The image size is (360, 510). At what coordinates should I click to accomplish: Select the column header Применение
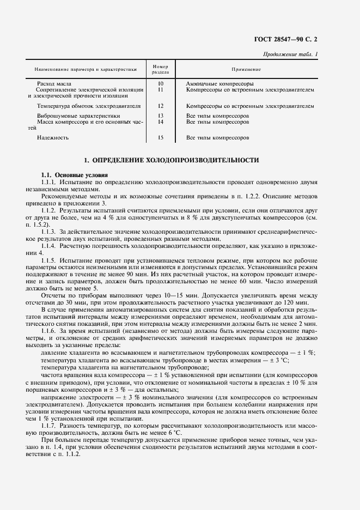click(x=246, y=69)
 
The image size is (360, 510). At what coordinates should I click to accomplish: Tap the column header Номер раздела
click(x=160, y=69)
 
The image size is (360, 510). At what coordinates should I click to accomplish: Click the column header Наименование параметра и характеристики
click(x=85, y=70)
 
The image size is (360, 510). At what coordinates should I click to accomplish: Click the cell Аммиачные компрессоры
click(x=219, y=83)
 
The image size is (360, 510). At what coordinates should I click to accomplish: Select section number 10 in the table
click(x=160, y=83)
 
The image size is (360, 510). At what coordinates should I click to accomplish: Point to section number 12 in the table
click(x=160, y=106)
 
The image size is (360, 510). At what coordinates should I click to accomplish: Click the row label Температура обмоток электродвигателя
click(x=89, y=106)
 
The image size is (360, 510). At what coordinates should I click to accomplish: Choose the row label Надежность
click(x=53, y=138)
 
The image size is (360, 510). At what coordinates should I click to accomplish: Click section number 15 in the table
click(x=160, y=138)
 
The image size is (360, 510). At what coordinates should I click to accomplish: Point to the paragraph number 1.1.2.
click(x=51, y=209)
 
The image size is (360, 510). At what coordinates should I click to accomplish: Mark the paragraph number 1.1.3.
click(x=51, y=232)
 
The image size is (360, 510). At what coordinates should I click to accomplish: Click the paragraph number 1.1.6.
click(x=51, y=331)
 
